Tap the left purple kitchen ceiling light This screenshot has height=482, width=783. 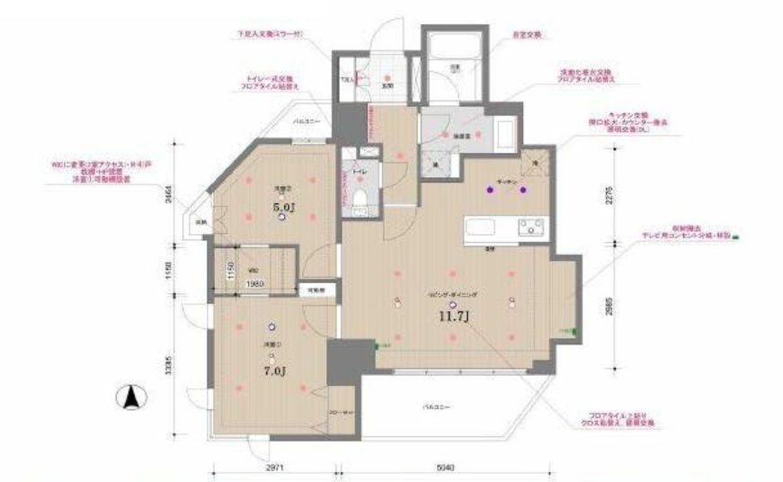point(489,190)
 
